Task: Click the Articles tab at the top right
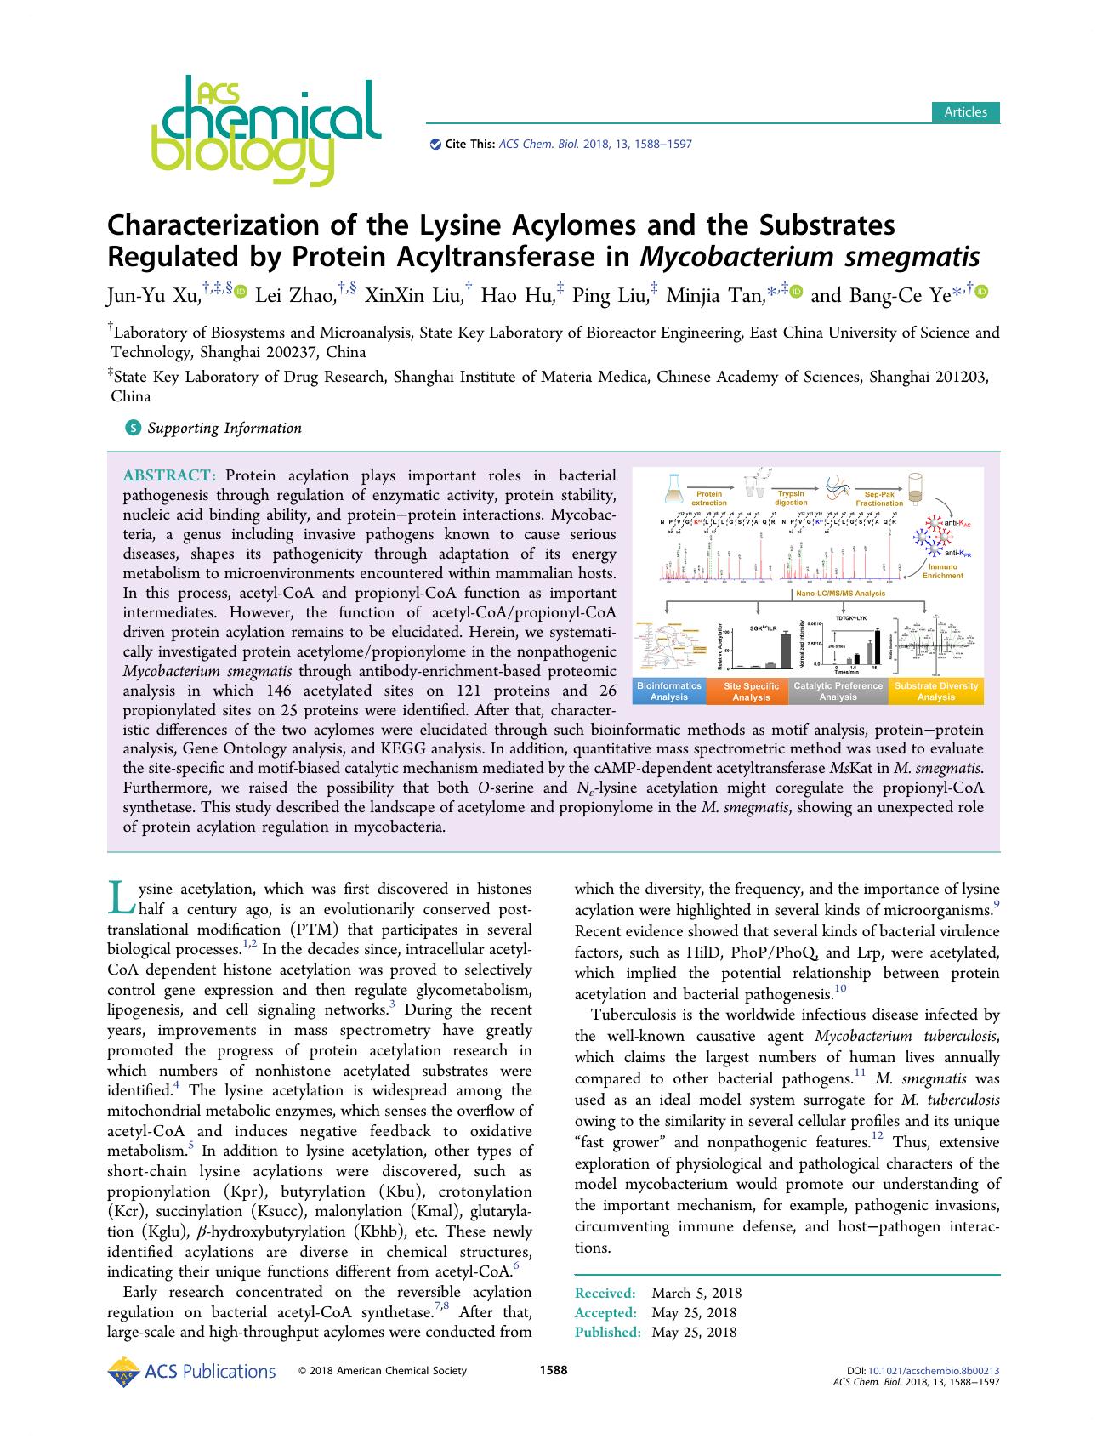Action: point(965,111)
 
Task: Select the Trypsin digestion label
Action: point(791,498)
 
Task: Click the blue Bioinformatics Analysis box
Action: point(669,691)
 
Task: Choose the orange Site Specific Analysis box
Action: point(751,691)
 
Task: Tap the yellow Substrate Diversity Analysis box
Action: point(935,691)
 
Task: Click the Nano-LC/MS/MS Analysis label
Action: point(838,594)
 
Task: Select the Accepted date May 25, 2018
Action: point(694,1312)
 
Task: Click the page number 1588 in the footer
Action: point(554,1369)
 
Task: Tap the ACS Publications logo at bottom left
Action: point(192,1371)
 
